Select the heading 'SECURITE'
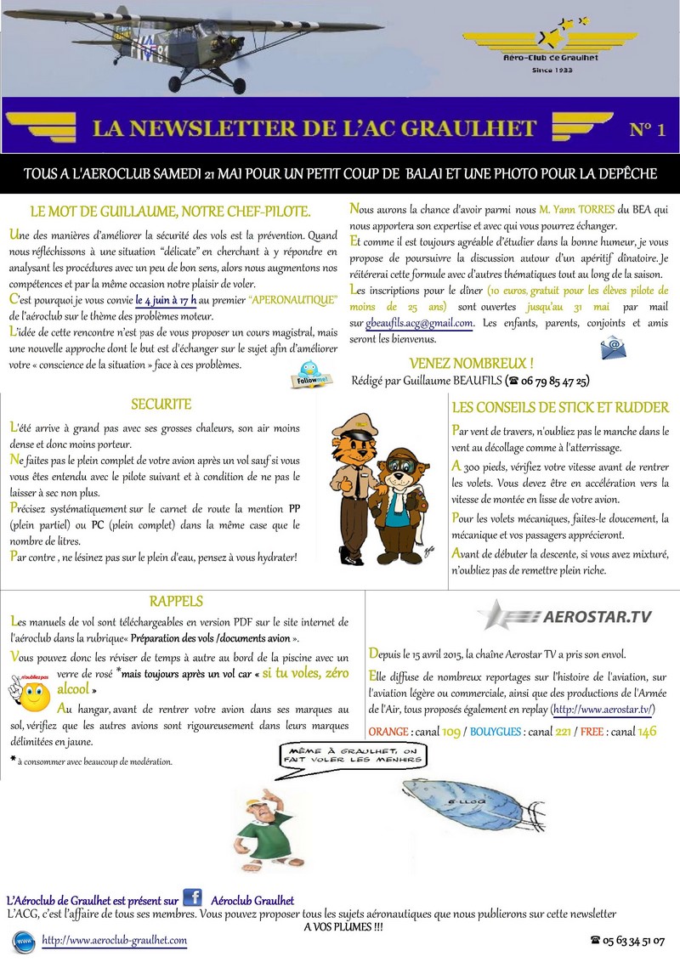pos(161,405)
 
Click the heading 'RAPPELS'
pos(175,602)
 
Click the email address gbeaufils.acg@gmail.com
pos(419,323)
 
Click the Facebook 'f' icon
pos(192,898)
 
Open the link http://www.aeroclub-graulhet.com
pos(114,941)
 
